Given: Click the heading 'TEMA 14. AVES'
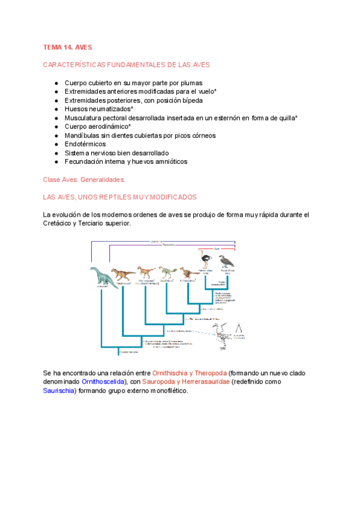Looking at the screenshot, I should (67, 47).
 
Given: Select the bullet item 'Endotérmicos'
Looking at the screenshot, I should (85, 144).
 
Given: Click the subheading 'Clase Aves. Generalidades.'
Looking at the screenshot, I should (83, 179).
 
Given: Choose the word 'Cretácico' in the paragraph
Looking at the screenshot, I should (59, 223).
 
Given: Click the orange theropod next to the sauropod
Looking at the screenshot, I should (124, 274).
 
